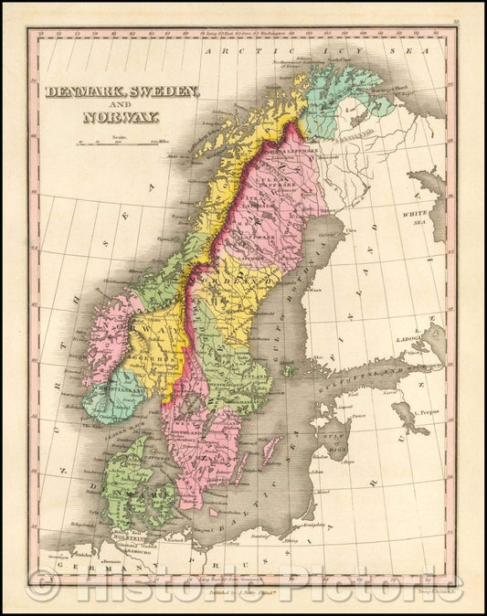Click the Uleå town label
pyautogui.click(x=351, y=232)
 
